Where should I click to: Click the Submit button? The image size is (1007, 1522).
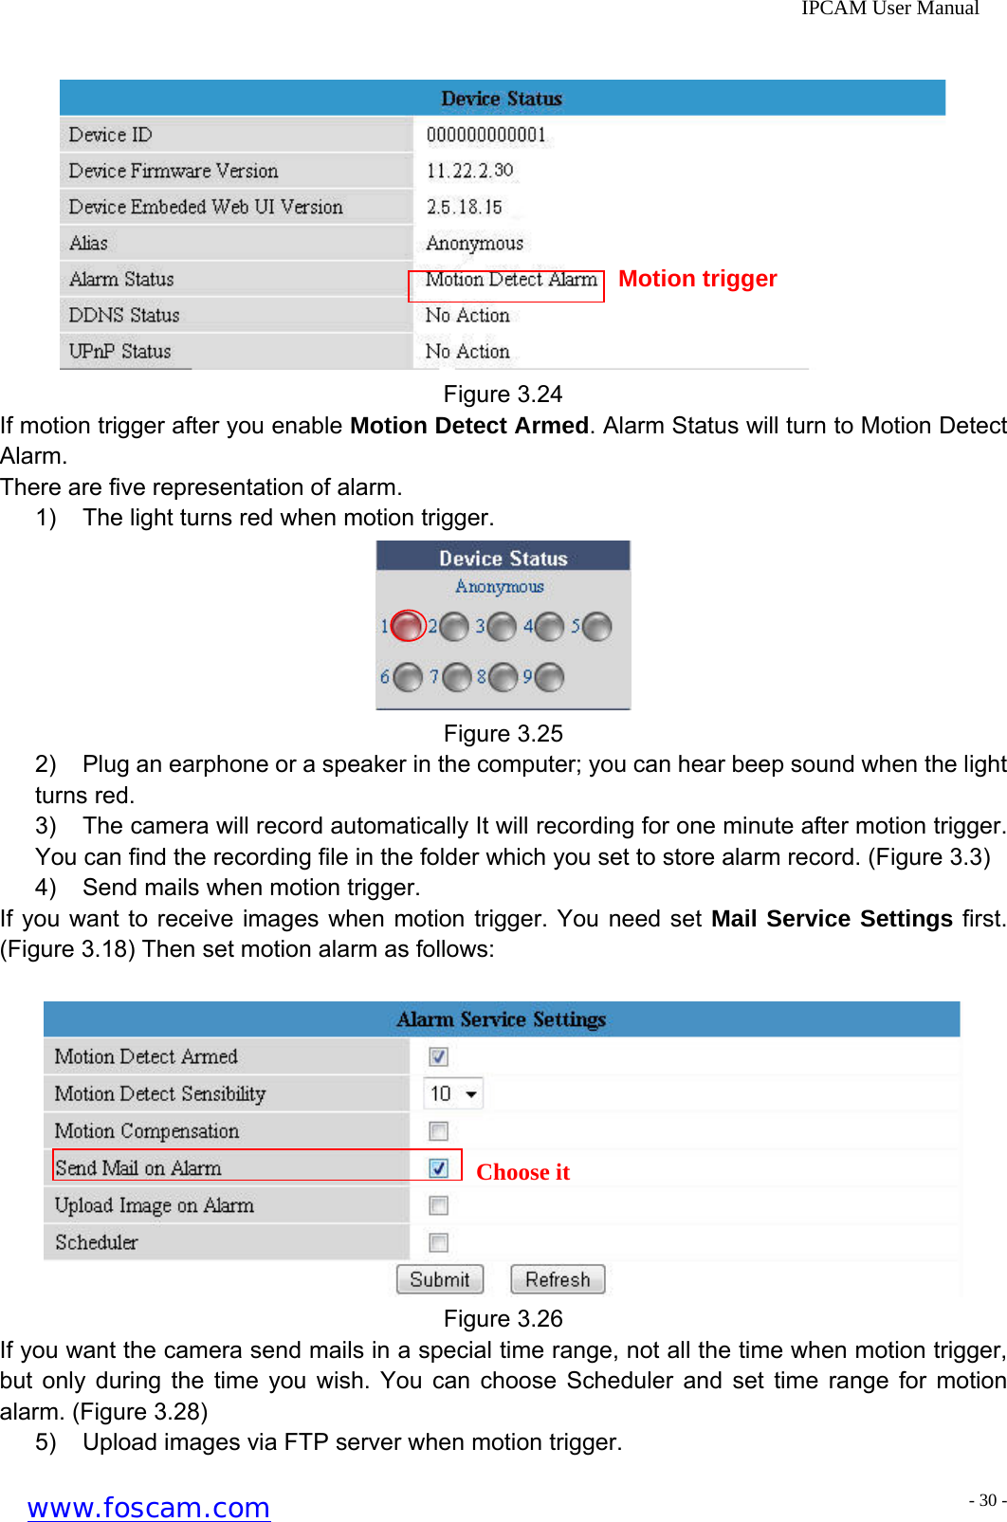[439, 1279]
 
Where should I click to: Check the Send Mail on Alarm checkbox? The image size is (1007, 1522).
[438, 1168]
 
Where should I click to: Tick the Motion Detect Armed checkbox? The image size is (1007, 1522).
[438, 1056]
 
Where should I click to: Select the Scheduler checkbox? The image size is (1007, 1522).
[438, 1242]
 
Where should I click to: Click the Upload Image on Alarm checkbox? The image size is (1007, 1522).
[438, 1205]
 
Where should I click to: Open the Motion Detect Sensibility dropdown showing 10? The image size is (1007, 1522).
[453, 1093]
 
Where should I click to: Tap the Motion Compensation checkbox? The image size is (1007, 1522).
[438, 1131]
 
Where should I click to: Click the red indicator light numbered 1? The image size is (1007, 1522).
[408, 626]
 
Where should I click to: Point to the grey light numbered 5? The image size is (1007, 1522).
[596, 626]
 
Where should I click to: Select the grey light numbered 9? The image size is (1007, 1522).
[549, 677]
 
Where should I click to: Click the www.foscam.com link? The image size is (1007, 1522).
[149, 1507]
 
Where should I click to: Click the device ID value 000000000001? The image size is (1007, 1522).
[485, 135]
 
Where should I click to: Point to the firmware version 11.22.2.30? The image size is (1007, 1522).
[469, 171]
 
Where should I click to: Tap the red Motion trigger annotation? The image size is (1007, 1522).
[697, 279]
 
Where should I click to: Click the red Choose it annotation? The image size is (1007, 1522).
[522, 1172]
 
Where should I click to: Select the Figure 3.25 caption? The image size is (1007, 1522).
[503, 733]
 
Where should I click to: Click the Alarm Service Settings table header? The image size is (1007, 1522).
[501, 1019]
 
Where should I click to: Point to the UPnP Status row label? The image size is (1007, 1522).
[119, 351]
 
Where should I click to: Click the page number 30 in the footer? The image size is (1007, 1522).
[988, 1500]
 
